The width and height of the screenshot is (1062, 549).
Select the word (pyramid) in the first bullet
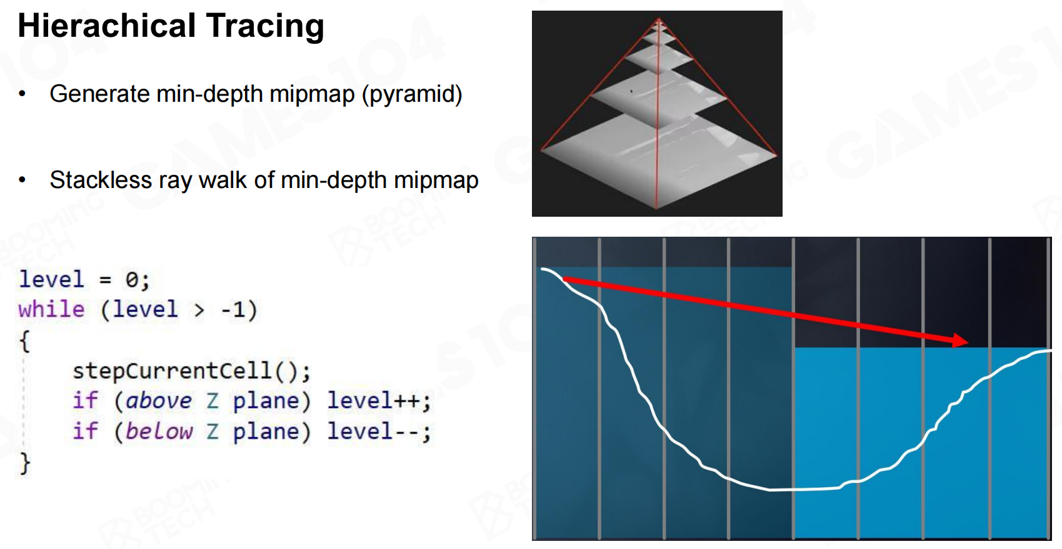pyautogui.click(x=412, y=94)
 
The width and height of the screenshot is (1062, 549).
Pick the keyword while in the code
pyautogui.click(x=51, y=310)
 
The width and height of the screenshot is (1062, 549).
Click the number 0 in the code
pyautogui.click(x=131, y=280)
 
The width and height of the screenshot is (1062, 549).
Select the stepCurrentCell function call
pyautogui.click(x=191, y=371)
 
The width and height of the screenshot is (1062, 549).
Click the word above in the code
pyautogui.click(x=159, y=401)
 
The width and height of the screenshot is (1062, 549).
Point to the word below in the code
pyautogui.click(x=159, y=431)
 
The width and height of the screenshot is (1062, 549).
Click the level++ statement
pyautogui.click(x=379, y=401)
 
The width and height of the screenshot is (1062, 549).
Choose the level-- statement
pyautogui.click(x=379, y=431)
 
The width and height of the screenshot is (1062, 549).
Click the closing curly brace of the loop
pyautogui.click(x=24, y=463)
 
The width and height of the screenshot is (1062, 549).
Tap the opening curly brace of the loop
pyautogui.click(x=24, y=341)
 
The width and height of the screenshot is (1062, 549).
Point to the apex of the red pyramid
pyautogui.click(x=659, y=19)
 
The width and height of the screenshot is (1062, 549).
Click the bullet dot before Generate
pyautogui.click(x=23, y=94)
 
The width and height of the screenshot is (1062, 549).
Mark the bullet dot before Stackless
pyautogui.click(x=23, y=180)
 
